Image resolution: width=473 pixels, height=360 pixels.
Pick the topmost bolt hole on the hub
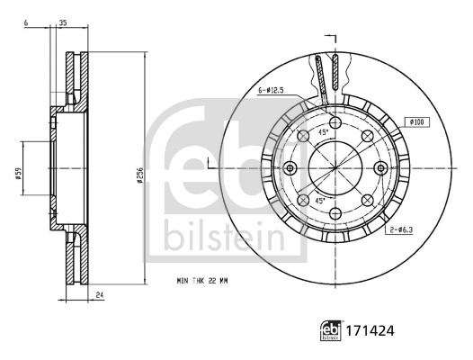335,121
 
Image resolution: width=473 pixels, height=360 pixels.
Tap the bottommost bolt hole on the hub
335,214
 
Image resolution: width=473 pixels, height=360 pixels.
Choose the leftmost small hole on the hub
289,168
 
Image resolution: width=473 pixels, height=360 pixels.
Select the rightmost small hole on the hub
381,167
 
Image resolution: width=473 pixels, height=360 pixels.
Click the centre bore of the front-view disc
335,168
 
